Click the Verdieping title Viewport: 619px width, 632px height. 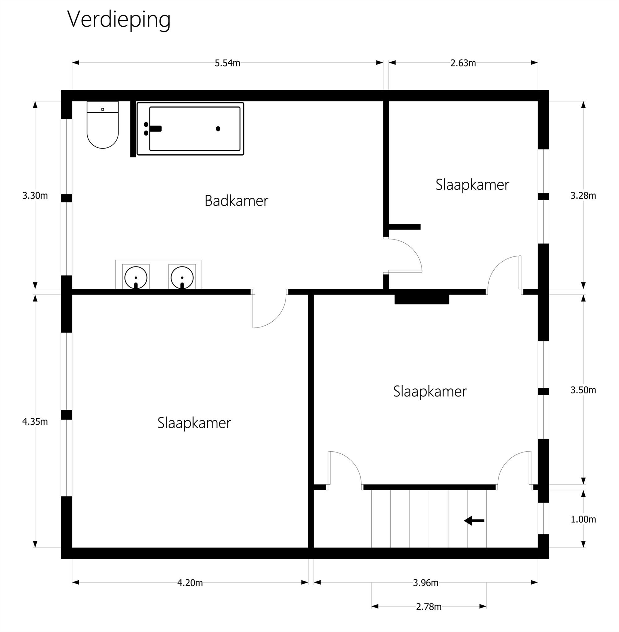tap(119, 19)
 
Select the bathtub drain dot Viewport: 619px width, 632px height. tap(218, 129)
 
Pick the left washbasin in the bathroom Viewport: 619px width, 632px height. tap(136, 277)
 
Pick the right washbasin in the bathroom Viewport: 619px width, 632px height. tap(182, 277)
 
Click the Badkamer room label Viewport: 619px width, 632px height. tap(236, 201)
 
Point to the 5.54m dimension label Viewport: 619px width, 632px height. tap(227, 63)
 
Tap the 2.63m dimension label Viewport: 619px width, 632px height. tap(463, 63)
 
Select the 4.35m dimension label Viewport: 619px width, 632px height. tap(35, 422)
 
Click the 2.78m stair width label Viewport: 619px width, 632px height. tap(428, 607)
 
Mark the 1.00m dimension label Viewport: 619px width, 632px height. tap(583, 520)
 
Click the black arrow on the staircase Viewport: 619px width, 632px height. tap(474, 521)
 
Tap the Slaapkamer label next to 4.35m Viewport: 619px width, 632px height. tap(194, 423)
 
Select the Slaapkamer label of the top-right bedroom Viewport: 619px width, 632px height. tap(472, 185)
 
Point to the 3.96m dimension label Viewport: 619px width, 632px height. tap(426, 583)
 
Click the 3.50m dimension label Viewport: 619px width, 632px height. tap(583, 390)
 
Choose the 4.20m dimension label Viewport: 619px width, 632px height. tap(190, 583)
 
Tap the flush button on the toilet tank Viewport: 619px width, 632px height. tap(103, 109)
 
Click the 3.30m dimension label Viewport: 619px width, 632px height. tap(35, 196)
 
